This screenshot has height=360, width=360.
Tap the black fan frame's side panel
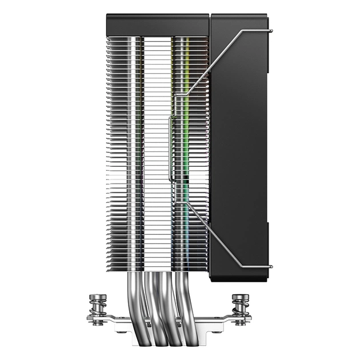coord(240,143)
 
